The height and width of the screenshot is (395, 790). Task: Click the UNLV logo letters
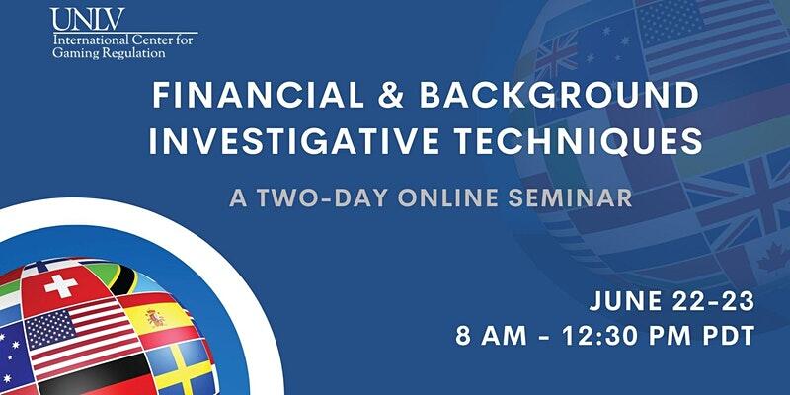[x=87, y=19]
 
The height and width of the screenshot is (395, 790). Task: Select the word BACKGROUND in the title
[x=559, y=95]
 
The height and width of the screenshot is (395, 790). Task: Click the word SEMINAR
[x=570, y=198]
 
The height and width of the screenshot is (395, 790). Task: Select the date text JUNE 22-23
[x=671, y=301]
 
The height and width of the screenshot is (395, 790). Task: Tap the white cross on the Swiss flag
[x=61, y=285]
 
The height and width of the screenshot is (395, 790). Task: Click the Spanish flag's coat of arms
[x=155, y=317]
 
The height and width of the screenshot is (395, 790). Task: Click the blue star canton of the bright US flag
[x=50, y=330]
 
